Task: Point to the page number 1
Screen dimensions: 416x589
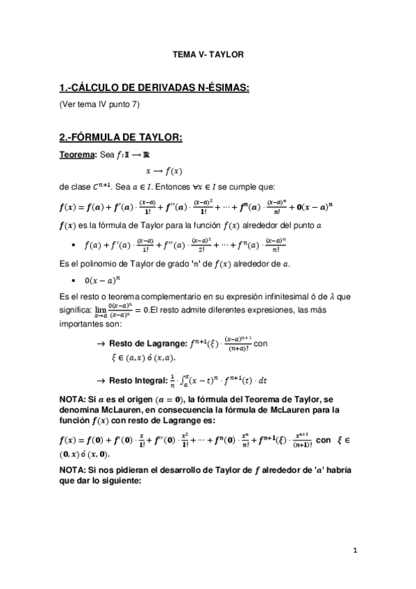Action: [x=354, y=550]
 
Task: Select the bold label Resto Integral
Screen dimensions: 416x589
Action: [x=139, y=380]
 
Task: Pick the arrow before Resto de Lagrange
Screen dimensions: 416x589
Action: [x=101, y=343]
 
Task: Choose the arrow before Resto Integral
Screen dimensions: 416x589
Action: [x=101, y=380]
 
